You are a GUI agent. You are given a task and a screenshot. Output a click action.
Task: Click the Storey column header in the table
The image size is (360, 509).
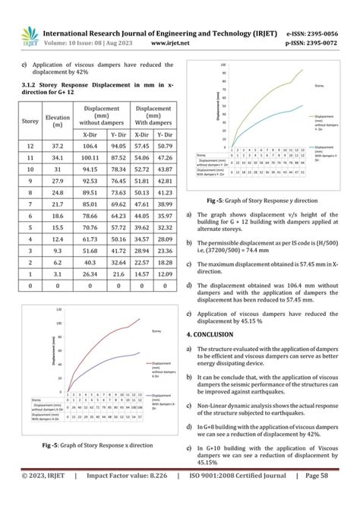pyautogui.click(x=30, y=121)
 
